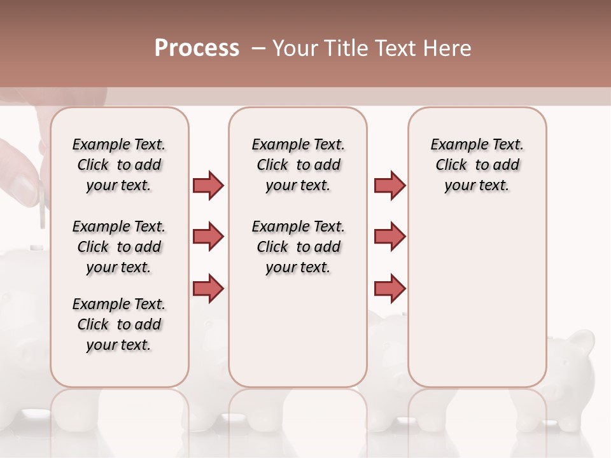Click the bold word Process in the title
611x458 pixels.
click(x=197, y=48)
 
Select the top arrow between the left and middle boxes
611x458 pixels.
click(x=208, y=185)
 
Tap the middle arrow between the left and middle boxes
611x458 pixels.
click(x=208, y=237)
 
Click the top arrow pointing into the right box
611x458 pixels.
click(x=390, y=185)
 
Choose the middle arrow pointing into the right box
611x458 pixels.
click(x=390, y=237)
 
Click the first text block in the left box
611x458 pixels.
click(x=119, y=165)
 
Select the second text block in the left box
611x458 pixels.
click(x=119, y=247)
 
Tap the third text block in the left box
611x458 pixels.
click(x=119, y=324)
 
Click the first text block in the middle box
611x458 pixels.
click(x=298, y=165)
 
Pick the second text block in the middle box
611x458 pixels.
click(x=298, y=247)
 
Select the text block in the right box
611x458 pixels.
click(x=477, y=165)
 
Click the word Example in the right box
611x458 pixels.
click(x=454, y=144)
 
